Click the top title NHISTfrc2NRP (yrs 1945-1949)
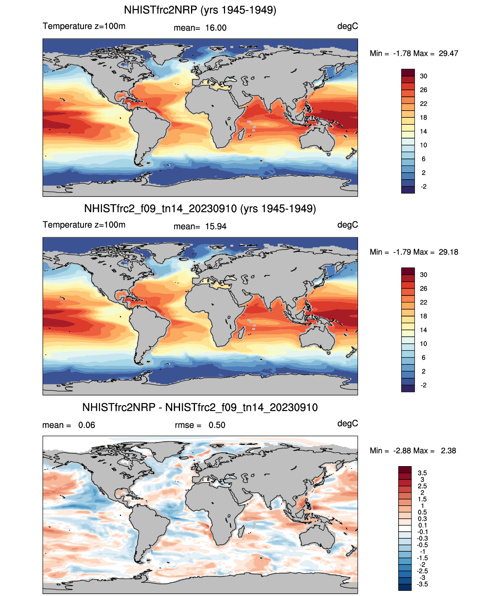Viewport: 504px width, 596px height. pos(200,10)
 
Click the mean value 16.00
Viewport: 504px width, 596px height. pos(216,28)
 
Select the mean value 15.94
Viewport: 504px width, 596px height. pos(216,226)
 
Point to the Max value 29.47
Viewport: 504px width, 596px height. pos(448,53)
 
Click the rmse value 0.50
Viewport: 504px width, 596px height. pos(217,425)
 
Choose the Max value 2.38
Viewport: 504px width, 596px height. pos(448,450)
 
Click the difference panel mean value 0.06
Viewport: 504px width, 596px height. pos(87,425)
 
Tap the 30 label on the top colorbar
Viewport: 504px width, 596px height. pos(424,76)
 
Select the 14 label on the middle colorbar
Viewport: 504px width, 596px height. pos(424,330)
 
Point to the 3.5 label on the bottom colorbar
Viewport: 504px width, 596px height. pos(422,473)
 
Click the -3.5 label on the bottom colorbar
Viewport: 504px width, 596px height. pos(422,584)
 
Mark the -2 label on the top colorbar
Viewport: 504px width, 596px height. pos(424,187)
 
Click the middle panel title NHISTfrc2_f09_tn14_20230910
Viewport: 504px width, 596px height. pos(200,208)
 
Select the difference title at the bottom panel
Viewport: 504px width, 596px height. pos(200,407)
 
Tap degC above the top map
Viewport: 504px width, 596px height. pos(348,26)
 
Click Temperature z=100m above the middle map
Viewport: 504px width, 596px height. pos(84,225)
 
